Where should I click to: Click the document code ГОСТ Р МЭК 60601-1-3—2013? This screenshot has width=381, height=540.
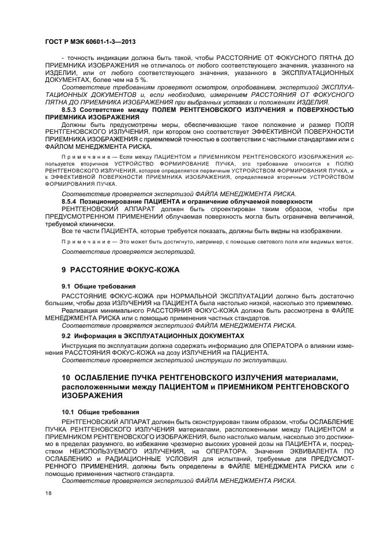90,42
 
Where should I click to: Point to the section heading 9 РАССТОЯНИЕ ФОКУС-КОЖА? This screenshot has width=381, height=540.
120,269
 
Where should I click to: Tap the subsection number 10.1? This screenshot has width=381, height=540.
70,412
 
